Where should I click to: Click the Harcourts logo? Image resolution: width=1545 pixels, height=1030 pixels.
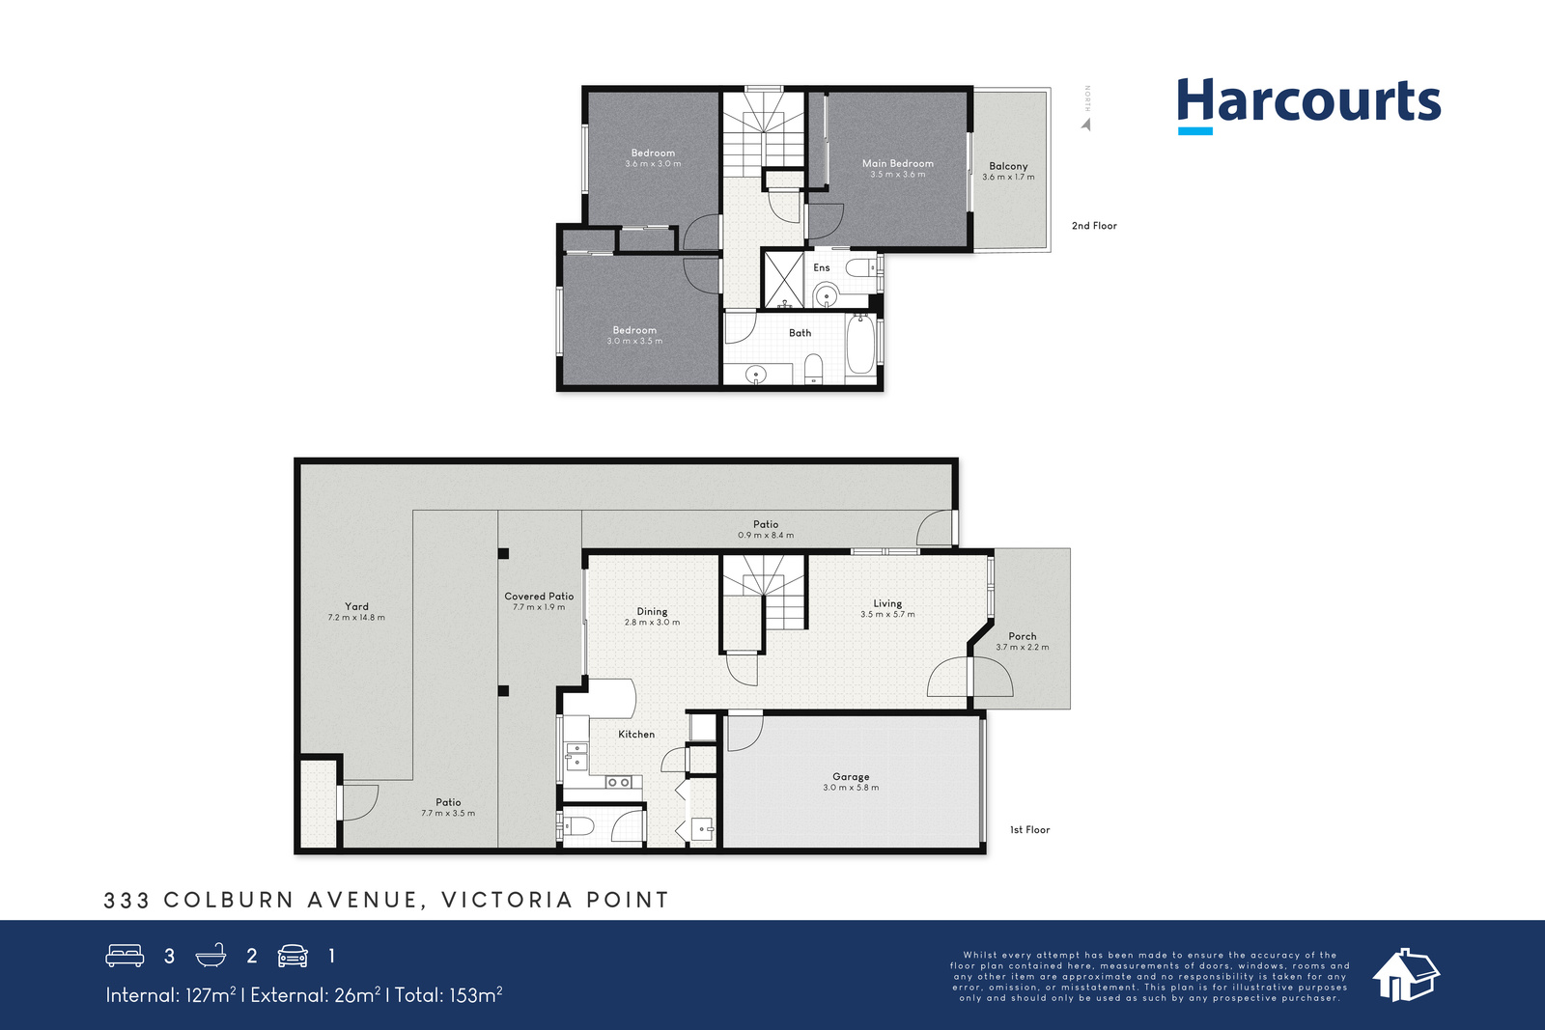(x=1308, y=106)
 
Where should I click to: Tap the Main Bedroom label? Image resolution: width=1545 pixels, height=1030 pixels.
(x=897, y=163)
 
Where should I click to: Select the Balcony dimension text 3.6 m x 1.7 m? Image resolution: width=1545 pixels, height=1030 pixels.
(x=1008, y=178)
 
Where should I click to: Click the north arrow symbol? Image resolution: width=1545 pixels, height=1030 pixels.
(x=1086, y=125)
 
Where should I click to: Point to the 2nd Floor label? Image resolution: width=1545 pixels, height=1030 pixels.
(x=1094, y=226)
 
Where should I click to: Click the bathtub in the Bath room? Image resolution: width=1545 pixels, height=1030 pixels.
(x=860, y=344)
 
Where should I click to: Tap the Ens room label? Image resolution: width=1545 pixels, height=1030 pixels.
(x=822, y=267)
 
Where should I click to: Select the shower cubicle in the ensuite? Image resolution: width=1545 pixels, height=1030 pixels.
(x=783, y=279)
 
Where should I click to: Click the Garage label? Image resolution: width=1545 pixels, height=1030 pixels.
(x=851, y=776)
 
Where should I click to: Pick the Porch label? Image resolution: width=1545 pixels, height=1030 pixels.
(x=1023, y=636)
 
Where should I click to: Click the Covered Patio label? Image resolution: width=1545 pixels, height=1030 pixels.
(x=539, y=597)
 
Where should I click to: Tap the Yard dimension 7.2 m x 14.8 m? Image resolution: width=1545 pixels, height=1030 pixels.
(x=356, y=618)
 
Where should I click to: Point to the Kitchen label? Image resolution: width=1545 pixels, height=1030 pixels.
(x=636, y=735)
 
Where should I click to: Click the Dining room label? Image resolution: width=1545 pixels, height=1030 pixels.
(x=652, y=611)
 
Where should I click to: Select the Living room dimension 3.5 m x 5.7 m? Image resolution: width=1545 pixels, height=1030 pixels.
(x=887, y=614)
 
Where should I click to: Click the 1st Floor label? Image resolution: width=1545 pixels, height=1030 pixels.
(x=1029, y=829)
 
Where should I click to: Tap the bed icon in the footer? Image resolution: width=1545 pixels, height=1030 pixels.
(x=125, y=956)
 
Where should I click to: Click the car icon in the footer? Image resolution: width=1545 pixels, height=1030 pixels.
(x=293, y=956)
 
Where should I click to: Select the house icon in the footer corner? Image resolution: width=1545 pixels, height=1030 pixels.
(x=1406, y=975)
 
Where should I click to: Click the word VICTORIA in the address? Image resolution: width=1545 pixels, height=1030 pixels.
(x=507, y=900)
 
